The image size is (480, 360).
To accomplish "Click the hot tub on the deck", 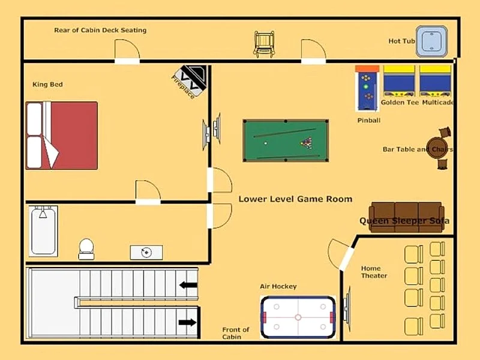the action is click(431, 41).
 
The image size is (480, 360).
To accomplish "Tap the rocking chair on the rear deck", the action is click(264, 44).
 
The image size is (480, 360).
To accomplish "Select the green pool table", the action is click(286, 140).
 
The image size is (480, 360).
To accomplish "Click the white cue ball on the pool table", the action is click(266, 143).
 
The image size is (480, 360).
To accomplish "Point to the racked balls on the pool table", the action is click(307, 143).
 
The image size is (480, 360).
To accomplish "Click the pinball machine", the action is click(367, 88).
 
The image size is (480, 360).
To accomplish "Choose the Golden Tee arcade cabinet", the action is click(399, 81).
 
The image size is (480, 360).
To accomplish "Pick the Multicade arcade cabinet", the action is click(435, 81).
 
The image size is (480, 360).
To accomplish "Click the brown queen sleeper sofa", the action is click(407, 217).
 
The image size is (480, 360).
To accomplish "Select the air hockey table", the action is click(298, 317).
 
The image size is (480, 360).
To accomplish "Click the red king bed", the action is click(62, 136).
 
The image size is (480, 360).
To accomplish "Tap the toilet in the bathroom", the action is click(86, 249).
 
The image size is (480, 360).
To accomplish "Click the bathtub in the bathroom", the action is click(43, 231).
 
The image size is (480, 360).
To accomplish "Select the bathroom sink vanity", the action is click(146, 253).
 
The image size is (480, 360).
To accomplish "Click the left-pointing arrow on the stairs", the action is click(188, 285).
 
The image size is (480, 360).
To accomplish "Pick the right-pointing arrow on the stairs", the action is click(187, 322).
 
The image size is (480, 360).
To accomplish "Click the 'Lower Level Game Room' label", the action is click(295, 199).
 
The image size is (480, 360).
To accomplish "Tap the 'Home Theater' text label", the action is click(374, 272).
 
